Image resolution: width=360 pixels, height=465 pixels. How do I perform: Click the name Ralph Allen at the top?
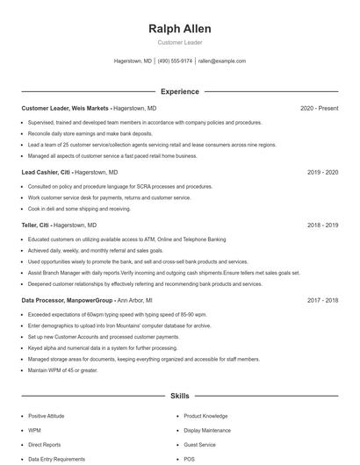click(180, 29)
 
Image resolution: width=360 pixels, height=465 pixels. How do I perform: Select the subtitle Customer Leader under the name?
click(180, 42)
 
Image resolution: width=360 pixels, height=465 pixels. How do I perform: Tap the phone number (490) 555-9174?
click(175, 61)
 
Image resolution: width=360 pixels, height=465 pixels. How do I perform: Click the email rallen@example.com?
click(221, 61)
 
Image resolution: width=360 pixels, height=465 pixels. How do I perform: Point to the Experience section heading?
click(180, 91)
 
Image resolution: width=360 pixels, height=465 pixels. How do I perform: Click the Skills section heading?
click(180, 396)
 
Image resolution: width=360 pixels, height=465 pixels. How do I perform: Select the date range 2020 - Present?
click(319, 108)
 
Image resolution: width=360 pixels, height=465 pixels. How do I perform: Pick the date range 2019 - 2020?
click(322, 172)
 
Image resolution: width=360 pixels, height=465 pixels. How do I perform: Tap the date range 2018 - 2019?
click(322, 225)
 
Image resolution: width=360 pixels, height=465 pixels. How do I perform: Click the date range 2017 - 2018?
click(322, 300)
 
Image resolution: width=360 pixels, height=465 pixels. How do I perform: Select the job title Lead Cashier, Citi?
click(47, 172)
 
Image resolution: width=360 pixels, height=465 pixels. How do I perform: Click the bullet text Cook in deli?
click(79, 209)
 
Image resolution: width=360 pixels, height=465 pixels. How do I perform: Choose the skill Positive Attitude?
click(47, 416)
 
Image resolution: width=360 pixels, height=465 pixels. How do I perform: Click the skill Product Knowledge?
click(205, 416)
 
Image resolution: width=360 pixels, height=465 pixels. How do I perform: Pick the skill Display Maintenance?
click(208, 431)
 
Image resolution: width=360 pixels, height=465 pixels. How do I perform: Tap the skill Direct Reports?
click(44, 445)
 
